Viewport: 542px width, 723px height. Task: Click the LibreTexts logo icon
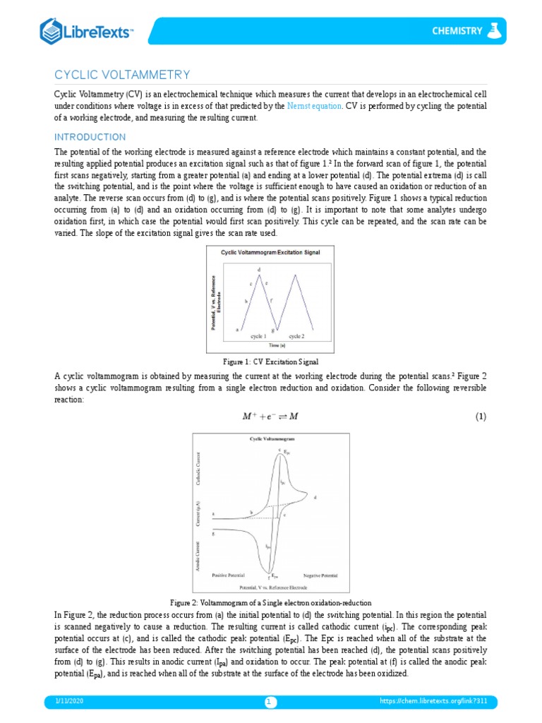tap(52, 31)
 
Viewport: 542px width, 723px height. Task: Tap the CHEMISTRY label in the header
tap(457, 31)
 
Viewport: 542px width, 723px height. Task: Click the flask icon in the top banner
tap(496, 30)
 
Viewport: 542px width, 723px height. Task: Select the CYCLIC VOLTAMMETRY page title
tap(122, 75)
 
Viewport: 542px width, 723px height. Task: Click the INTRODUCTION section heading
tap(90, 137)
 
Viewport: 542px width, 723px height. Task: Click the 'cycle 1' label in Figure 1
tap(258, 336)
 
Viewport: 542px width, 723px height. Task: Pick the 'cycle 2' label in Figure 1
tap(297, 336)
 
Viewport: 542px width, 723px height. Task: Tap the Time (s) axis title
tap(276, 345)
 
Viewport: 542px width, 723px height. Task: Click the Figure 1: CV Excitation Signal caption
tap(270, 361)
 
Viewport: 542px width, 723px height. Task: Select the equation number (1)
tap(480, 417)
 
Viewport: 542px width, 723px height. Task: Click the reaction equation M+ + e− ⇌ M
tap(270, 417)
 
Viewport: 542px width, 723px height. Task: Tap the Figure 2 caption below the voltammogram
tap(270, 602)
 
